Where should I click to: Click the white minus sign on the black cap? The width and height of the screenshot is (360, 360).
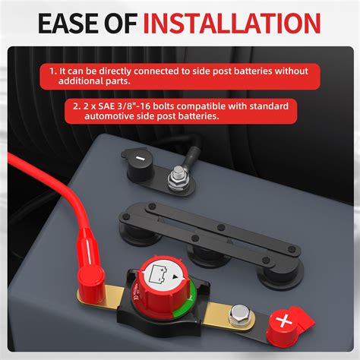(x=142, y=161)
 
